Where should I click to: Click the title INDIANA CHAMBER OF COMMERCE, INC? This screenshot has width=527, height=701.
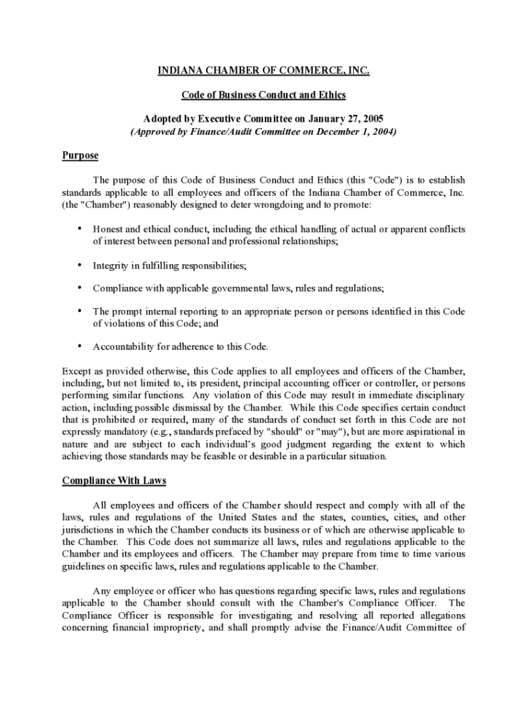pyautogui.click(x=263, y=71)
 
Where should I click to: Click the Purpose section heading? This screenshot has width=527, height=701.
pyautogui.click(x=80, y=155)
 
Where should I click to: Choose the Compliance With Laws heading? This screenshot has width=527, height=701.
pyautogui.click(x=114, y=481)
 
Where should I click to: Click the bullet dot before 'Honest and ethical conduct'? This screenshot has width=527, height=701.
pyautogui.click(x=80, y=229)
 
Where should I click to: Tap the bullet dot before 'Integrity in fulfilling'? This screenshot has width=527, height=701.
pyautogui.click(x=80, y=265)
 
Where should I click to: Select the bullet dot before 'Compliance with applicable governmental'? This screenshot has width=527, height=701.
pyautogui.click(x=80, y=288)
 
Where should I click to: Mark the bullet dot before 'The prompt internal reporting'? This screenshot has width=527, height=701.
pyautogui.click(x=80, y=311)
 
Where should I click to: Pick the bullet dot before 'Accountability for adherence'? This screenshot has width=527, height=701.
pyautogui.click(x=80, y=346)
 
